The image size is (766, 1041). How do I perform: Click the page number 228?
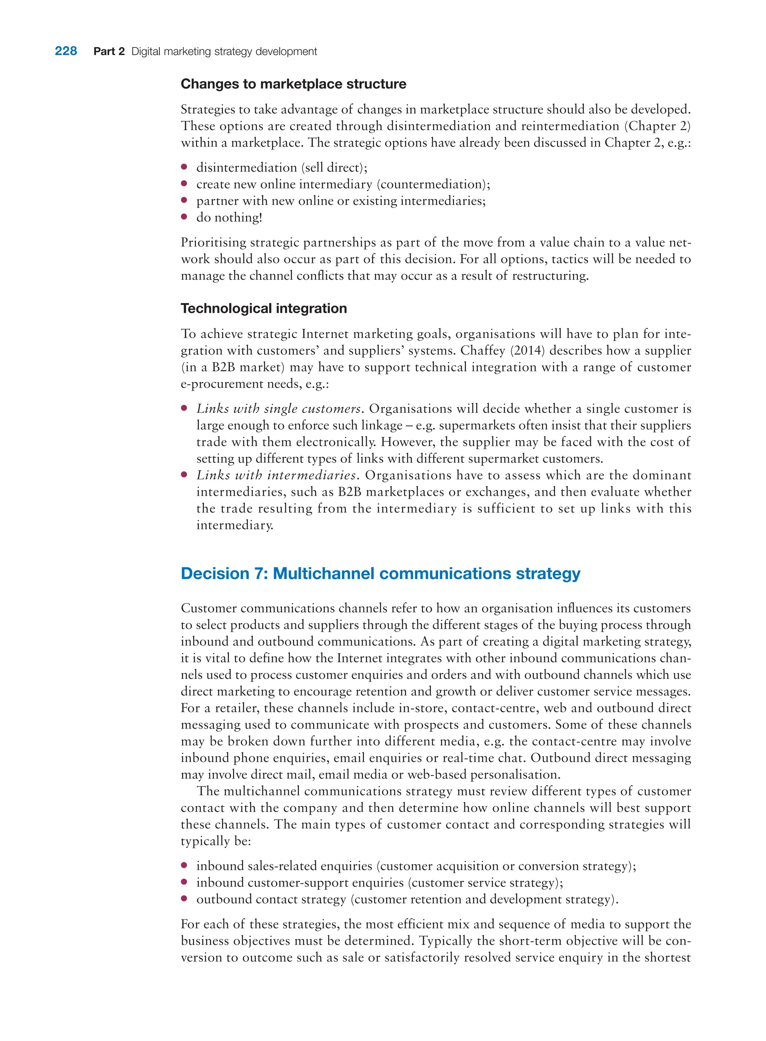[x=66, y=51]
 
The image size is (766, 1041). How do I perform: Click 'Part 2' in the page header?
[x=109, y=52]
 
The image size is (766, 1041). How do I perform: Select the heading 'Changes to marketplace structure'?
[x=293, y=84]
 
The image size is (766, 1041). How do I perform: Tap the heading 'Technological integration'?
[x=263, y=308]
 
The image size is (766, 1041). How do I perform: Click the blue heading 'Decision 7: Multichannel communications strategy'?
[x=380, y=573]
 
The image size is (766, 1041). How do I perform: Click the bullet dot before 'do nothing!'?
[x=184, y=217]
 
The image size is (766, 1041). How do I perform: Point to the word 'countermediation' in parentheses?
[x=433, y=184]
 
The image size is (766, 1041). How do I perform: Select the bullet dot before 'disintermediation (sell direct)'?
[x=184, y=166]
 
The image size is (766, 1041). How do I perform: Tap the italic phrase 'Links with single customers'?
[x=278, y=409]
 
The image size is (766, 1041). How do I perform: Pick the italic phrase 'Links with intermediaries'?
[x=276, y=475]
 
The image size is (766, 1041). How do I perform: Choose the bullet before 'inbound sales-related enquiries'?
[x=184, y=865]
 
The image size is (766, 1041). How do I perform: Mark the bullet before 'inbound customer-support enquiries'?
[x=184, y=882]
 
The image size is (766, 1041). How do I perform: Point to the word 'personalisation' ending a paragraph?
[x=515, y=775]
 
